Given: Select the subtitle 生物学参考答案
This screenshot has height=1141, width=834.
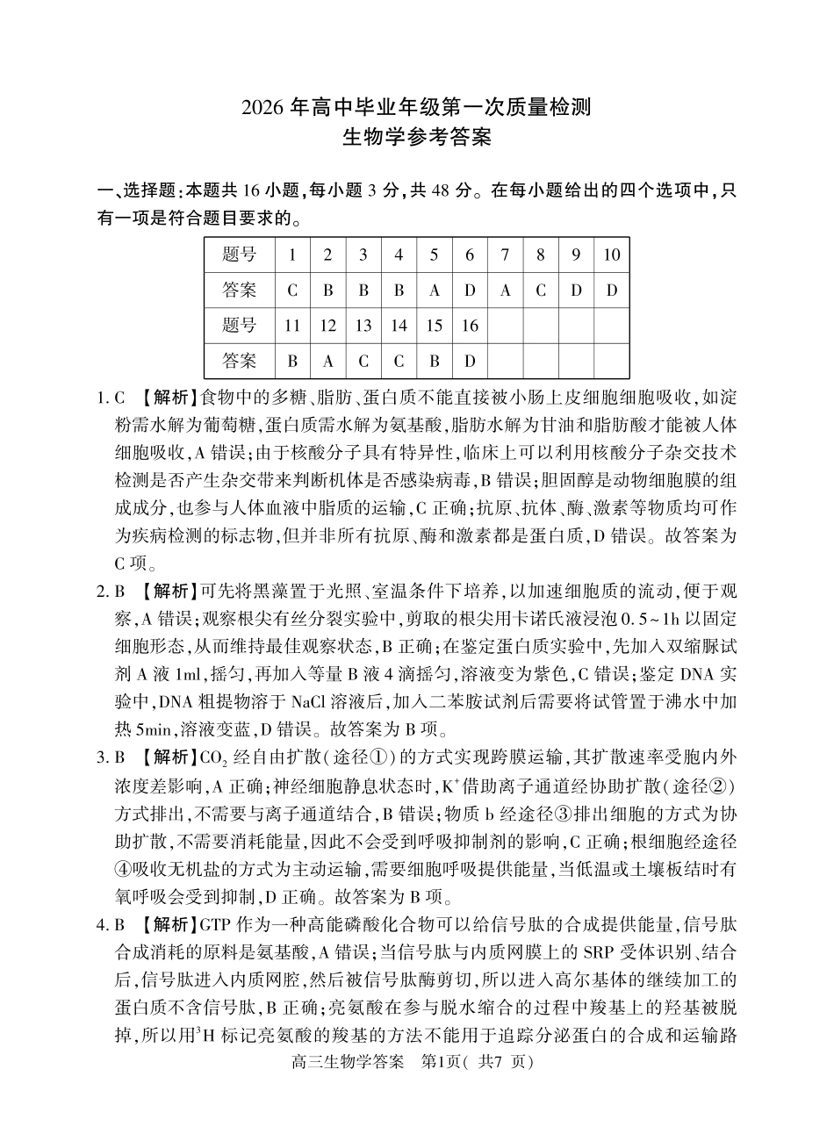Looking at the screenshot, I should tap(416, 139).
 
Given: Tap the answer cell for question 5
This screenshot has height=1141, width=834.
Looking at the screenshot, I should tap(434, 291).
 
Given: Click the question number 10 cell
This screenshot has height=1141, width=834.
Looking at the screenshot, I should tap(611, 255).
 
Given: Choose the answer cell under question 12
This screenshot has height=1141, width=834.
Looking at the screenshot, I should tap(327, 361).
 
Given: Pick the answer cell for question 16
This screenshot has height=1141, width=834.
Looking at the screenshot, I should tap(470, 361).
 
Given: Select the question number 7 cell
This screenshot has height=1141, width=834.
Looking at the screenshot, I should tap(505, 255).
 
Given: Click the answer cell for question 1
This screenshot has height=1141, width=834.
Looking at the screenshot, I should tap(292, 291).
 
